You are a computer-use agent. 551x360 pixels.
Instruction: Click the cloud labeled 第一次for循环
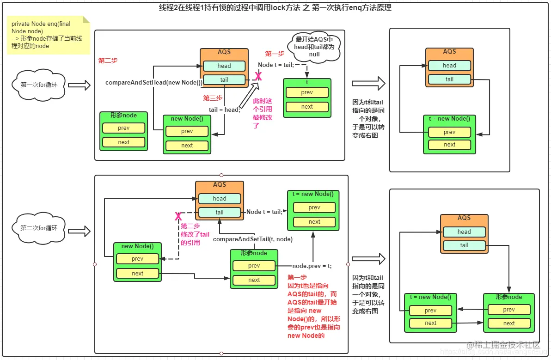pos(39,85)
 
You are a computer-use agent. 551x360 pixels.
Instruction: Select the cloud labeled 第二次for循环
pos(39,228)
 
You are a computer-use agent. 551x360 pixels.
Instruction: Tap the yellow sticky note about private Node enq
pos(48,35)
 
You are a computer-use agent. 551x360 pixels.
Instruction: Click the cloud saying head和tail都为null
pos(314,46)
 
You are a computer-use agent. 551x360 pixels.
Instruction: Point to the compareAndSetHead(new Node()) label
pos(153,83)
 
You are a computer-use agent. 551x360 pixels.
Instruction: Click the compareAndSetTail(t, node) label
pos(252,239)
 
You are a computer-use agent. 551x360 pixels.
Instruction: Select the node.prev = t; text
pos(312,266)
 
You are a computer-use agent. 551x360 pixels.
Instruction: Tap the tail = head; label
pos(225,110)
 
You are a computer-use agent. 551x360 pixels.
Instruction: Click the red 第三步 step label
pos(213,98)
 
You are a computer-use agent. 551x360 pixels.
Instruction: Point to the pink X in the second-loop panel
pos(178,216)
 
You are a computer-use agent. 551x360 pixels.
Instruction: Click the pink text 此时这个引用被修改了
pos(262,113)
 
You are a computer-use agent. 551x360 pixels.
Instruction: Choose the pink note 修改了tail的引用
pos(195,234)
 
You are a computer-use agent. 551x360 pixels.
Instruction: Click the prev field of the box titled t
pos(307,92)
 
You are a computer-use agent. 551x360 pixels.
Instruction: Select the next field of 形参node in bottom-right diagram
pos(509,323)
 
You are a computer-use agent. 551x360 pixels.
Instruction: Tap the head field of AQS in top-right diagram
pos(449,66)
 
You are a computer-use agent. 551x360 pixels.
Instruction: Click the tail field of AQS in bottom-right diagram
pos(464,245)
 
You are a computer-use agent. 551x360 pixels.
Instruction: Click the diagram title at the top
pos(275,8)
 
